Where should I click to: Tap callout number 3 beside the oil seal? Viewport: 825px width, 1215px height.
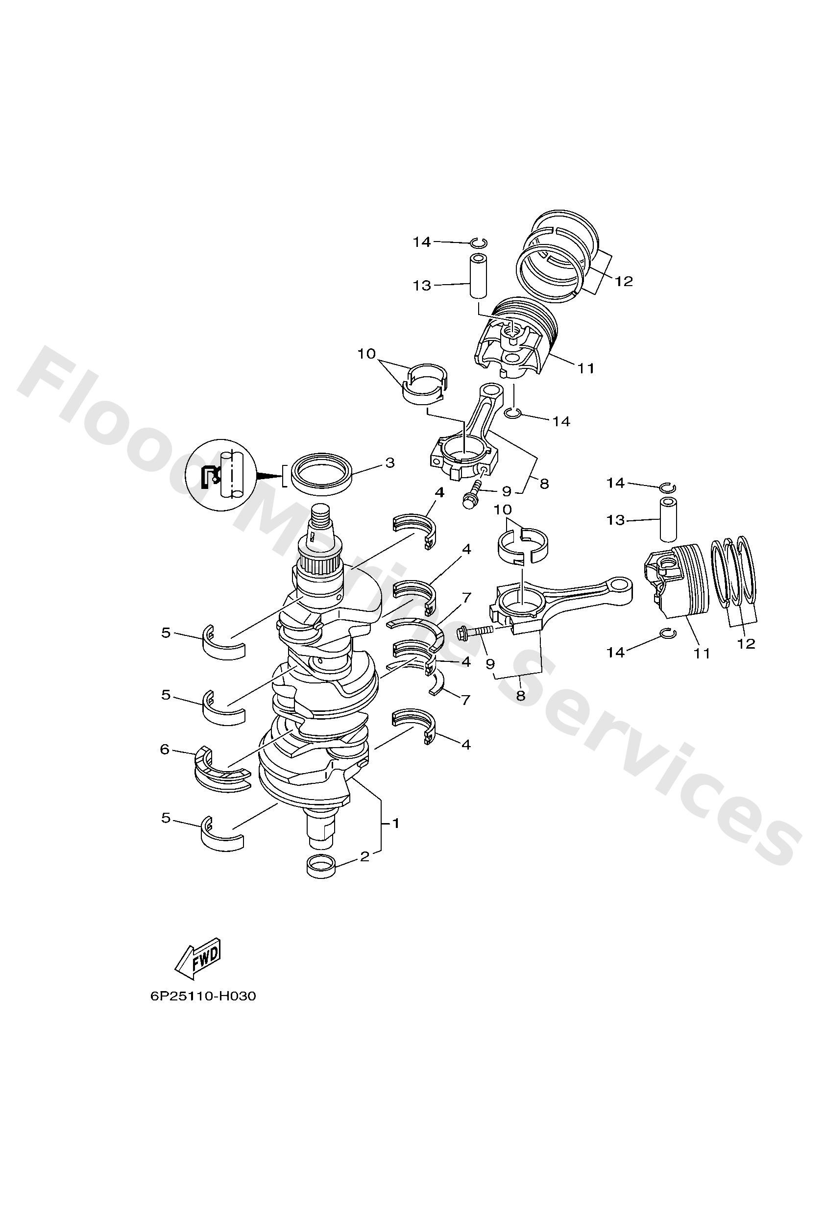pyautogui.click(x=389, y=462)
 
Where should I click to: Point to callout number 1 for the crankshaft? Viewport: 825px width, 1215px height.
pyautogui.click(x=396, y=824)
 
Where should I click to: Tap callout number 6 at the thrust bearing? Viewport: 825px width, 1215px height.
pyautogui.click(x=165, y=750)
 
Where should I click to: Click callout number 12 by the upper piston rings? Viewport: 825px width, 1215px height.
pyautogui.click(x=624, y=281)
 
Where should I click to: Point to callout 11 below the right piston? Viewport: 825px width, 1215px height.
pyautogui.click(x=702, y=653)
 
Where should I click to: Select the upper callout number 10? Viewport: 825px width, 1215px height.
pyautogui.click(x=366, y=354)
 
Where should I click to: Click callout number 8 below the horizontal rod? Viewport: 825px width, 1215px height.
pyautogui.click(x=520, y=696)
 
